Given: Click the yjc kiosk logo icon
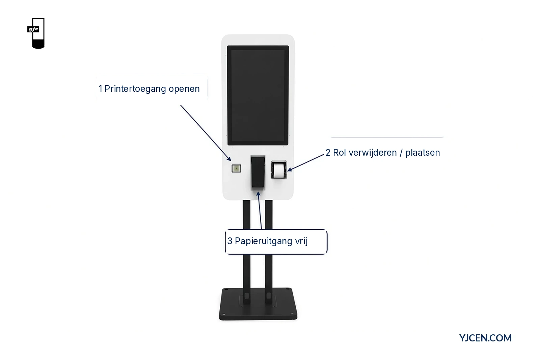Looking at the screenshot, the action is (x=36, y=33).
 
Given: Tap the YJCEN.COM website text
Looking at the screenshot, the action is (x=485, y=338).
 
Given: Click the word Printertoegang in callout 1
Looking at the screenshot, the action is (x=135, y=89).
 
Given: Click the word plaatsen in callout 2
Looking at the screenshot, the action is (x=423, y=153).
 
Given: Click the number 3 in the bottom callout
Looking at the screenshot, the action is (x=230, y=241).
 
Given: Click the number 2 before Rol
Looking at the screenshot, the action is (x=328, y=153).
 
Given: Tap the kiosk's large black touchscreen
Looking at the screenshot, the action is (x=258, y=96).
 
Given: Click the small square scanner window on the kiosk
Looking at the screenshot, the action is (x=236, y=169).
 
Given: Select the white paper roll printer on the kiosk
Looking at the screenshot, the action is (x=279, y=170).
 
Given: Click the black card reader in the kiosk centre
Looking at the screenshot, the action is (x=258, y=173).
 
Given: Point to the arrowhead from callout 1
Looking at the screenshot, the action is (x=229, y=159).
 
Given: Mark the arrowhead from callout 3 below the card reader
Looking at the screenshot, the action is (x=258, y=194).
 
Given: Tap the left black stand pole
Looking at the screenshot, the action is (x=246, y=251).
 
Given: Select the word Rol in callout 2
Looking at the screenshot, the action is (x=340, y=153).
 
